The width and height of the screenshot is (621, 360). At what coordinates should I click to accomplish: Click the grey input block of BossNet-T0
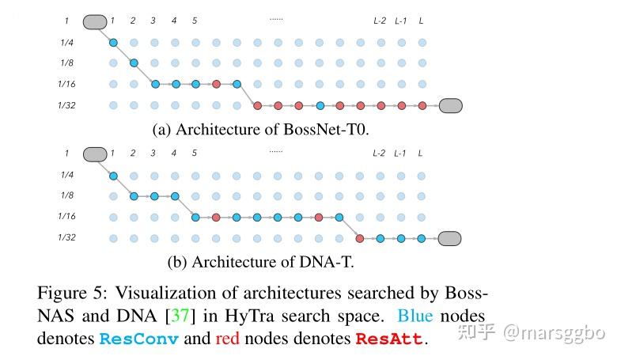[x=95, y=22]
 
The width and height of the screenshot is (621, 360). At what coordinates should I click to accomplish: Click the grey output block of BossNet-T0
[x=451, y=106]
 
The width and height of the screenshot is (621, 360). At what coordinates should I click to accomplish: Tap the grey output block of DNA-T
[x=449, y=238]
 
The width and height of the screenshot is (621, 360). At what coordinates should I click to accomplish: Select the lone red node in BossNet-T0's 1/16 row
[x=216, y=84]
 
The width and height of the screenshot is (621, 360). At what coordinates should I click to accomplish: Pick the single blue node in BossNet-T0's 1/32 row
[x=320, y=106]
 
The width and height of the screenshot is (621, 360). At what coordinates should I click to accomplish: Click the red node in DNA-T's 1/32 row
[x=360, y=238]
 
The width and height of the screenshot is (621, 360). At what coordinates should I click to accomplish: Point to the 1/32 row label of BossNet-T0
[x=66, y=105]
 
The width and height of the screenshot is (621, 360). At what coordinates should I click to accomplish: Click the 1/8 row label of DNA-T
[x=67, y=195]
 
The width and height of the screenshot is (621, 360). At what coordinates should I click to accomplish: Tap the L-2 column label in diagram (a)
[x=380, y=21]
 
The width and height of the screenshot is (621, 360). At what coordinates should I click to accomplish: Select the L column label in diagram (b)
[x=420, y=153]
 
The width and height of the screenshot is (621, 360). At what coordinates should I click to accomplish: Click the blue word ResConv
[x=138, y=339]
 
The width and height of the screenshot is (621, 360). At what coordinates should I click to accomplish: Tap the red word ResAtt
[x=389, y=339]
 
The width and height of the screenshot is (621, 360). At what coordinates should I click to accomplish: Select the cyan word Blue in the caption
[x=415, y=316]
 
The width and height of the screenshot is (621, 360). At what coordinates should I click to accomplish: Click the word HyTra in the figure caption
[x=249, y=316]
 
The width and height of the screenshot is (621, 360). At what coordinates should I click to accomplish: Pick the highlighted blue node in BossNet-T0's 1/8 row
[x=134, y=63]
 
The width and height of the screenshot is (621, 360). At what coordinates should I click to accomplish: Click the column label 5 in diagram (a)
[x=195, y=21]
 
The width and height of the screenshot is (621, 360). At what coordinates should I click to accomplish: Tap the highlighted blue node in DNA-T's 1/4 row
[x=113, y=176]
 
